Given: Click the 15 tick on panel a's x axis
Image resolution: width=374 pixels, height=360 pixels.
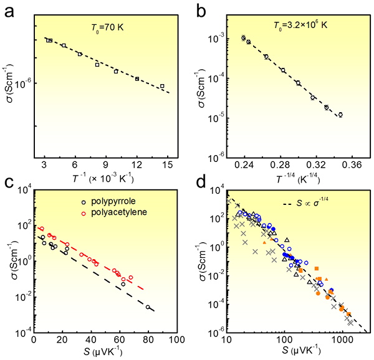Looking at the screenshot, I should (167, 164).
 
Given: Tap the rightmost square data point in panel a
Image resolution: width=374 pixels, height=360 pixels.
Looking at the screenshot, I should (162, 86).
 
